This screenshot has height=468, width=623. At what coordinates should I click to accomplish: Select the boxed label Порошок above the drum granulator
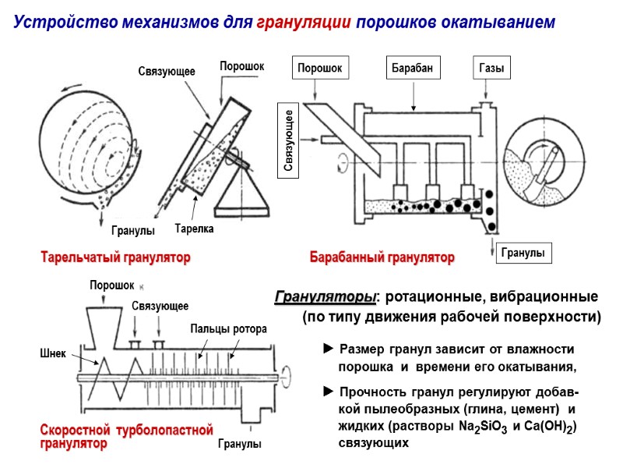(x=319, y=68)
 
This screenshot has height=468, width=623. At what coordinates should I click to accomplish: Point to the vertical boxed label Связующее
(x=288, y=141)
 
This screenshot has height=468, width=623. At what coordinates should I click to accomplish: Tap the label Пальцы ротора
(x=228, y=329)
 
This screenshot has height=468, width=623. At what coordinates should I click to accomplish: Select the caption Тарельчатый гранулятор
(x=114, y=257)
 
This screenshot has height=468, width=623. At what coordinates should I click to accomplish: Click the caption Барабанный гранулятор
(x=382, y=257)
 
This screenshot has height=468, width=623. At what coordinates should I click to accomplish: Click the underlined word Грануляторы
(x=324, y=297)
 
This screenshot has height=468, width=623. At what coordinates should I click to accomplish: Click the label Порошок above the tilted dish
(x=242, y=67)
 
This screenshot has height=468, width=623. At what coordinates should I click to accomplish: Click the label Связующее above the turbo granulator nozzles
(x=160, y=306)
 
